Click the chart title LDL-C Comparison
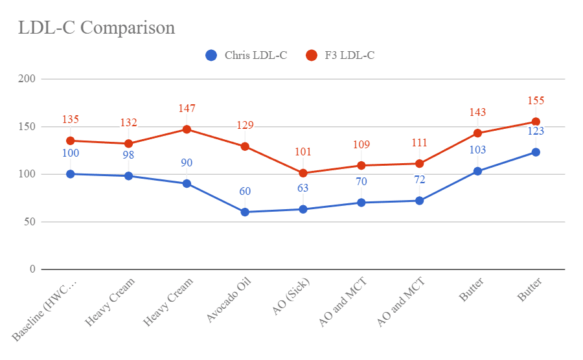[96, 28]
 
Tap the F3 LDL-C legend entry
[341, 56]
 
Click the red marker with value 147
[187, 129]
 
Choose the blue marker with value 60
[245, 212]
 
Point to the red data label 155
[536, 101]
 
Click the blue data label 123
[536, 131]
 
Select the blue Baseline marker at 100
[70, 174]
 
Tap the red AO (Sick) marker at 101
[303, 173]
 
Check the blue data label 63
[303, 188]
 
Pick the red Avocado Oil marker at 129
[245, 146]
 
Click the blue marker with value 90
[187, 183]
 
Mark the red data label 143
[477, 113]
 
